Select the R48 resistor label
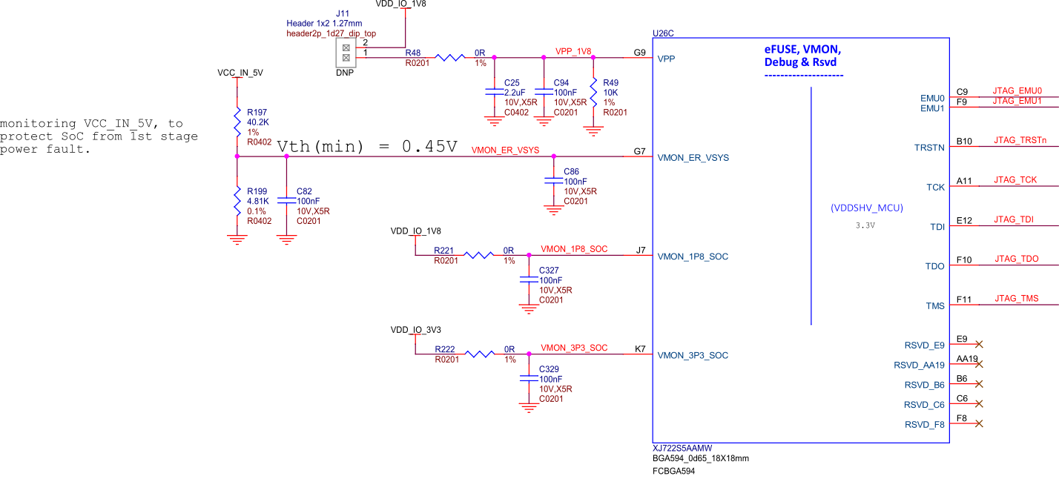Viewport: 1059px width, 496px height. point(413,53)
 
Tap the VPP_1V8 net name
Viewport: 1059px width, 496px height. point(573,52)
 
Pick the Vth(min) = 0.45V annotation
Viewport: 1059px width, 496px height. point(367,147)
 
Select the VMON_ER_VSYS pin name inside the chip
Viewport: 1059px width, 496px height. point(693,158)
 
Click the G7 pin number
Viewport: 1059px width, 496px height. point(639,151)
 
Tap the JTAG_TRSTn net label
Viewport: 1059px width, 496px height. point(1020,140)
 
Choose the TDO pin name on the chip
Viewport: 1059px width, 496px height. point(934,266)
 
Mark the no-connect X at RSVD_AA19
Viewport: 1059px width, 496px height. point(979,364)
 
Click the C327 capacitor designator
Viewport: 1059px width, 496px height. point(550,271)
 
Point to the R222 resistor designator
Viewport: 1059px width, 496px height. point(445,349)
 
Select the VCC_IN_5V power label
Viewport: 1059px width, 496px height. point(240,73)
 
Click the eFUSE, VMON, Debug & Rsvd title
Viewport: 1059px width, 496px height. point(803,56)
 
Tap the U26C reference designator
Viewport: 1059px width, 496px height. point(663,33)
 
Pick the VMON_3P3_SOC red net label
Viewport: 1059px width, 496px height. point(574,348)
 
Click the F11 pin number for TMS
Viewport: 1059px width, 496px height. point(964,300)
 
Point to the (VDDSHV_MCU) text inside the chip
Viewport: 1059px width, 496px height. point(866,208)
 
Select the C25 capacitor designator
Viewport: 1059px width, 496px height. point(512,82)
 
